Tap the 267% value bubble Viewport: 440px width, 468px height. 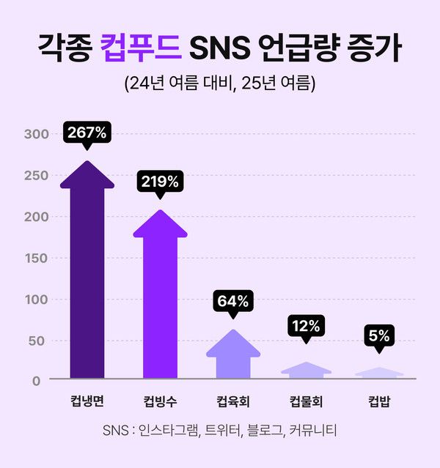pyautogui.click(x=87, y=133)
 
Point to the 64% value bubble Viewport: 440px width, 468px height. pyautogui.click(x=233, y=300)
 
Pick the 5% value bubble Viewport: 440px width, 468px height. pyautogui.click(x=379, y=336)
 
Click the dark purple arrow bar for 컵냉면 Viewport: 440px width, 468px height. pyautogui.click(x=87, y=278)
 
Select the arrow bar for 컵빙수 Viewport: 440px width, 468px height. pyautogui.click(x=160, y=300)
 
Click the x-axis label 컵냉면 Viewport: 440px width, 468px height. pyautogui.click(x=87, y=401)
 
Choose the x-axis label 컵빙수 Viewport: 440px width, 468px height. pyautogui.click(x=160, y=401)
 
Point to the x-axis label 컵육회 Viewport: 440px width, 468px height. pyautogui.click(x=233, y=401)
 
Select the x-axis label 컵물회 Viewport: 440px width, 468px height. pyautogui.click(x=306, y=401)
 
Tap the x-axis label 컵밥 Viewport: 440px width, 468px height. pyautogui.click(x=379, y=401)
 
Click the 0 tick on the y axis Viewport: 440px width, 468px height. pyautogui.click(x=45, y=380)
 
